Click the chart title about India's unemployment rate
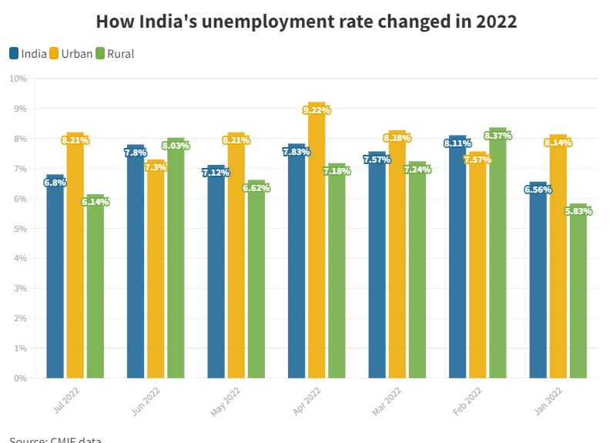coord(306,21)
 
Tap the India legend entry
coord(28,54)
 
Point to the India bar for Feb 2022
coord(457,262)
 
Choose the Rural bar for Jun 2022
coord(176,262)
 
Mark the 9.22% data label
coord(317,110)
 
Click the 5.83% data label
coord(578,211)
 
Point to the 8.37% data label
coord(498,136)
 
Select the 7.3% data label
coord(156,167)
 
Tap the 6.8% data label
coord(55,183)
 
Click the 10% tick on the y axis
coord(18,79)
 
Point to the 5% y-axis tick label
coord(20,229)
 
